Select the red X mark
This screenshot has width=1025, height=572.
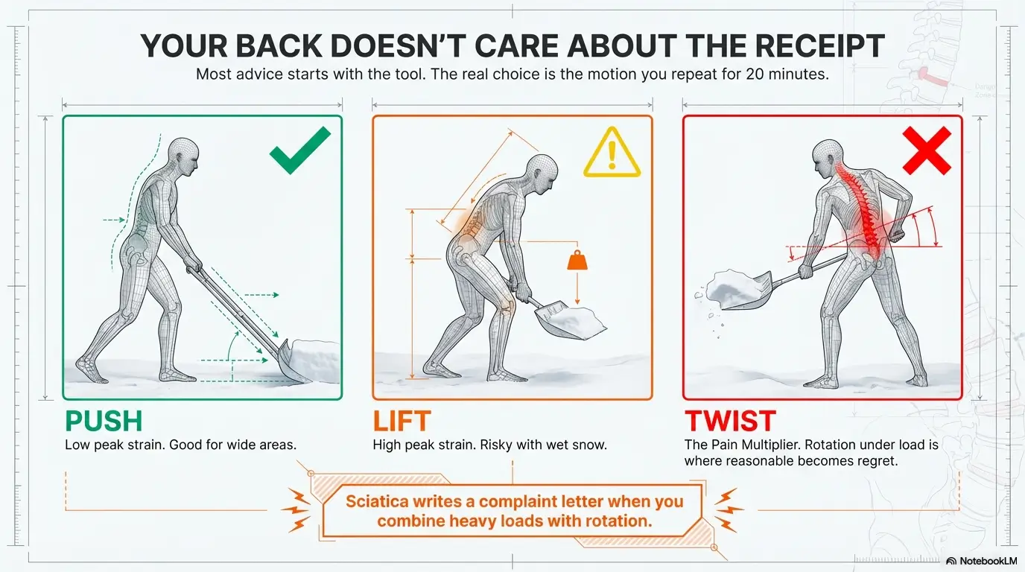click(927, 150)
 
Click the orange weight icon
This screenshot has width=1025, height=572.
click(577, 260)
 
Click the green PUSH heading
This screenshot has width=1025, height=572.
click(104, 421)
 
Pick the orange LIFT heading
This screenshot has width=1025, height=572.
click(402, 421)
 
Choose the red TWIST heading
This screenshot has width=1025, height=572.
click(730, 421)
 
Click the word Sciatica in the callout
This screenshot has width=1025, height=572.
click(377, 501)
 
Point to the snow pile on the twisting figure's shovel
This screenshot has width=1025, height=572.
click(734, 288)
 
